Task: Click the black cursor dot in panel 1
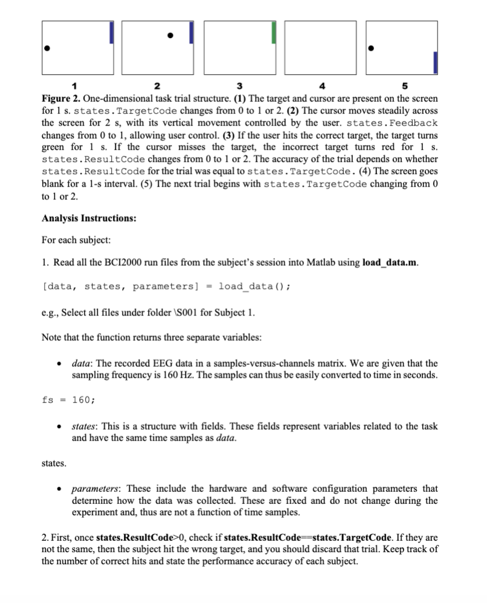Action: pyautogui.click(x=47, y=48)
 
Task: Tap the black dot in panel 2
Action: pyautogui.click(x=171, y=35)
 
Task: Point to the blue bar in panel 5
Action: pyautogui.click(x=435, y=62)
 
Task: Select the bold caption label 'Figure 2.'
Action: pyautogui.click(x=60, y=98)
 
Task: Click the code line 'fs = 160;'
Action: pyautogui.click(x=68, y=399)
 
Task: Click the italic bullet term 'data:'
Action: pyautogui.click(x=83, y=363)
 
